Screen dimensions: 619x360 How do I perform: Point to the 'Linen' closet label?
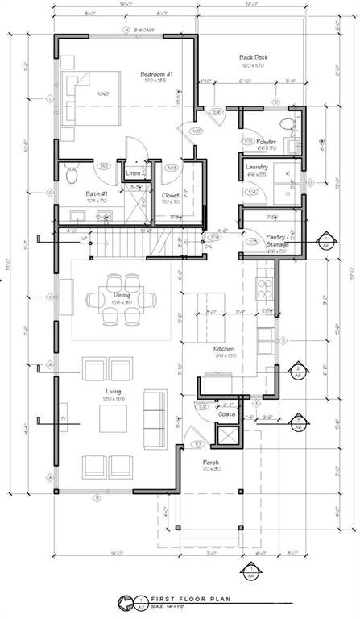[134, 173]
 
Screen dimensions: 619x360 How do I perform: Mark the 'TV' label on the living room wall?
[64, 419]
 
